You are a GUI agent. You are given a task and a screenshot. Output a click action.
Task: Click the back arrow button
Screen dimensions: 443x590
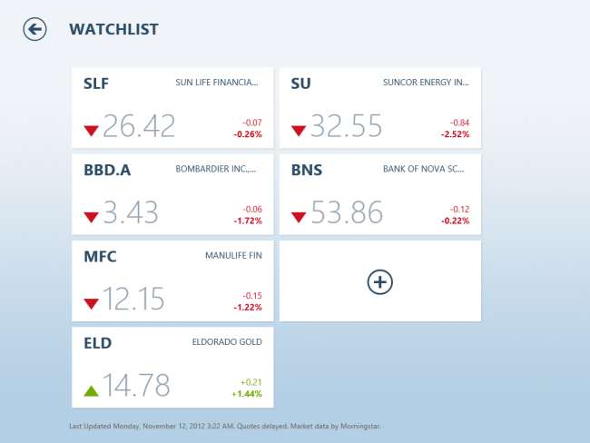click(34, 30)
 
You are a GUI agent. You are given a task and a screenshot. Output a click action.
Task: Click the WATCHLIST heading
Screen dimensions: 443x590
click(113, 30)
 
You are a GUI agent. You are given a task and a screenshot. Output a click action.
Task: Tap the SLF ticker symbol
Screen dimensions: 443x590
click(95, 84)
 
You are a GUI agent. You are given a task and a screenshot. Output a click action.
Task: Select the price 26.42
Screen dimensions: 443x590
click(138, 126)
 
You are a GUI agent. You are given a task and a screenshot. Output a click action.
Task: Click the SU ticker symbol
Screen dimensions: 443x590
click(300, 84)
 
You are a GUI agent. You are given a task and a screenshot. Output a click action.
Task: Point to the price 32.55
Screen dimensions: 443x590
click(346, 126)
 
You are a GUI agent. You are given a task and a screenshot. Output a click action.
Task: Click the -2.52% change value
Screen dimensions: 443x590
click(455, 134)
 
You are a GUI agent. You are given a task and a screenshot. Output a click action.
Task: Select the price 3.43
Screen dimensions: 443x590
click(130, 213)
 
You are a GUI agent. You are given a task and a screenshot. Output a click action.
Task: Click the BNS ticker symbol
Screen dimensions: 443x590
click(306, 170)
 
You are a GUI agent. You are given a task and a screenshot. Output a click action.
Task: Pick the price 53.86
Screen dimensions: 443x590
click(346, 213)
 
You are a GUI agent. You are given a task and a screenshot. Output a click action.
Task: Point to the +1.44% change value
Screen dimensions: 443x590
click(246, 394)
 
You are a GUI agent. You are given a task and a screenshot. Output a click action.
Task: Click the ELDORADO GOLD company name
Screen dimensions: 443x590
click(227, 342)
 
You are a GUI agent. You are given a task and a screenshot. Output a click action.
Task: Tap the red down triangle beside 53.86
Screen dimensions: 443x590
click(299, 217)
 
